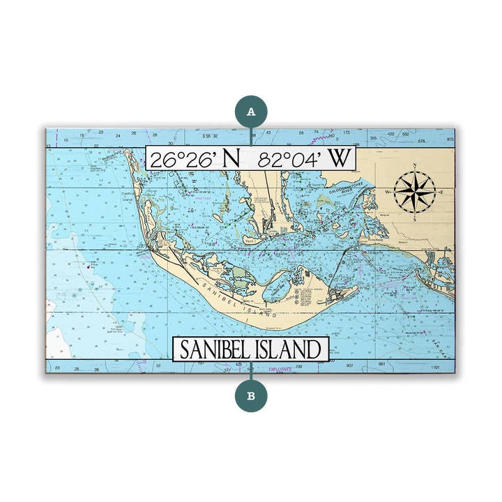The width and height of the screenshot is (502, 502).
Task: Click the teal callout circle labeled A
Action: pos(251,110)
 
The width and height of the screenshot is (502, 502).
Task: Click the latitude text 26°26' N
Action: pos(195,158)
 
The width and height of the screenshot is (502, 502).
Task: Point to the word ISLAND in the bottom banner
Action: pos(291,349)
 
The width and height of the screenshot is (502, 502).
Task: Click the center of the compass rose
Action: pos(414,191)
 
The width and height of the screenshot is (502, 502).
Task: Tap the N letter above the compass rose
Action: pos(415,166)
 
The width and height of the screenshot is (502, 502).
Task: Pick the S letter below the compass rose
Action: pos(414,218)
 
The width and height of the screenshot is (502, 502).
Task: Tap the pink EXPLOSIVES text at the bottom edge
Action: pos(282,370)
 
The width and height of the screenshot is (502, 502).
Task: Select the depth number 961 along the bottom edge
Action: pos(381,365)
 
